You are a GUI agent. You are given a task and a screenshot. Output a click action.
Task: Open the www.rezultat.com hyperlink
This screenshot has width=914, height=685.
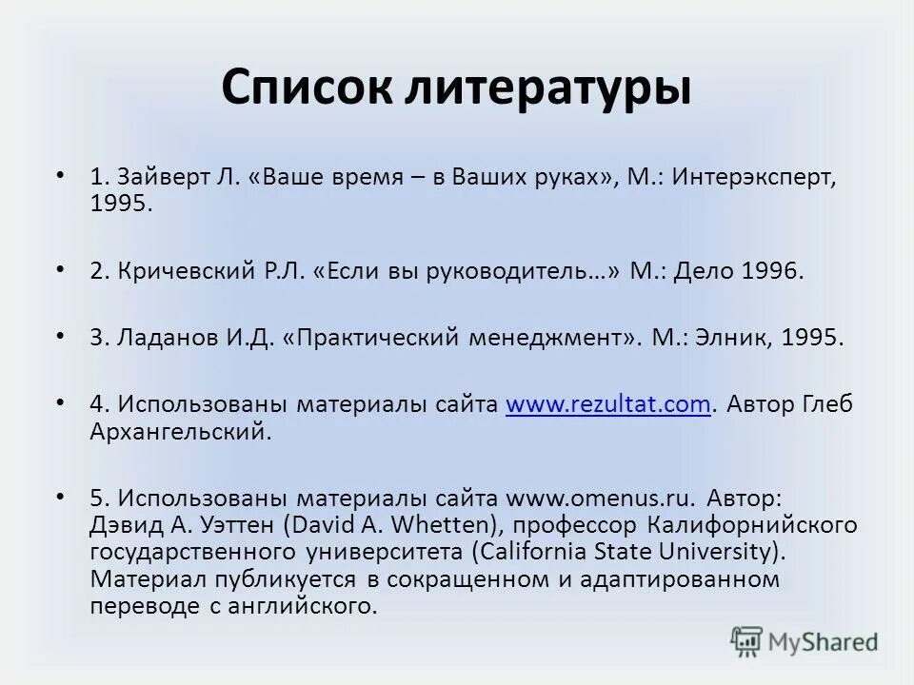point(608,404)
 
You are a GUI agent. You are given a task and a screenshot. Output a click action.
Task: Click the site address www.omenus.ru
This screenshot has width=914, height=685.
point(600,498)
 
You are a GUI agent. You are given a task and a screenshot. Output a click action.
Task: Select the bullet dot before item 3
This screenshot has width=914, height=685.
point(61,336)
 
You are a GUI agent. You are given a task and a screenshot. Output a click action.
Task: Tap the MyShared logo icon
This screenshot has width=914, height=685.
point(747,641)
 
